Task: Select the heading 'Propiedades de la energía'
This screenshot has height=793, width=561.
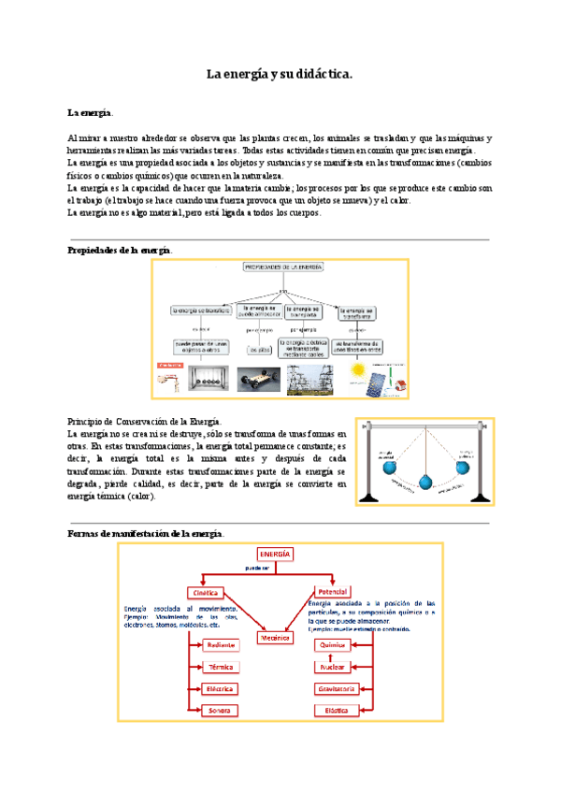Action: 120,250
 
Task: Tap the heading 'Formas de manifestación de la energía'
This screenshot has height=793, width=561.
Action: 146,532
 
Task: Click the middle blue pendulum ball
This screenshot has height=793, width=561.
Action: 423,483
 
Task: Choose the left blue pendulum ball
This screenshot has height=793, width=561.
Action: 386,465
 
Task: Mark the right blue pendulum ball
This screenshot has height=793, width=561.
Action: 460,465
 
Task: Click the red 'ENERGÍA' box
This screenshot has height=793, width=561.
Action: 269,554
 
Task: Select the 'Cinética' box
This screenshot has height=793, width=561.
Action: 204,593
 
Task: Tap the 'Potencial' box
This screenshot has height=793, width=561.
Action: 333,593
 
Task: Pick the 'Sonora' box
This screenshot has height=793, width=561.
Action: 221,711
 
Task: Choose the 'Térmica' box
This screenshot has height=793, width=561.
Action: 221,668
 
